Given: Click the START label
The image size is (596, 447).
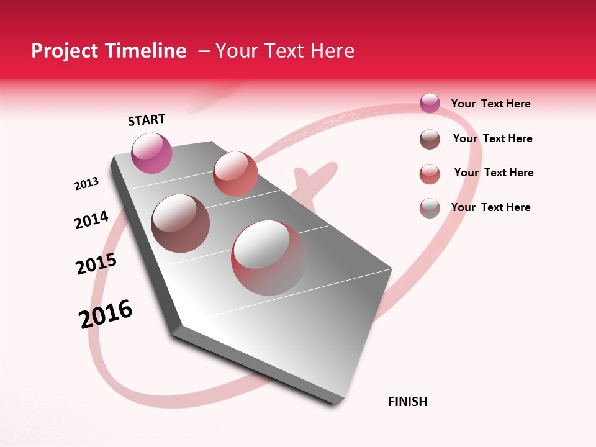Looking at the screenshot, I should [147, 120].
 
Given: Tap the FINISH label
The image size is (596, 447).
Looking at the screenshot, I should [408, 402].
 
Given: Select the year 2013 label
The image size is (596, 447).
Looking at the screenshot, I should [86, 184].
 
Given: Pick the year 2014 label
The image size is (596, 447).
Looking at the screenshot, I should [91, 220].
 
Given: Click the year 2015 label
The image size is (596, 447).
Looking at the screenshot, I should [96, 264].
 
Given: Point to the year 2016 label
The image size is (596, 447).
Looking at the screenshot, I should [106, 314].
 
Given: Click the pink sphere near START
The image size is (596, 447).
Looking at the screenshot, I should [151, 153].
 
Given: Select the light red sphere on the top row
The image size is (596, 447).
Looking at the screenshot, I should [235, 173].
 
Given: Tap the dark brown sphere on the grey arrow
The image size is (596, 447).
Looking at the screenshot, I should [181, 223].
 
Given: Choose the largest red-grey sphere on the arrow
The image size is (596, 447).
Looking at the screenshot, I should [269, 258].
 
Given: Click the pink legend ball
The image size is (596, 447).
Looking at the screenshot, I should [430, 103].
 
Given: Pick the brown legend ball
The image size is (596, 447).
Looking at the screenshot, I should [430, 139].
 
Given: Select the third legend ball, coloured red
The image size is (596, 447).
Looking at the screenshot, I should [430, 174].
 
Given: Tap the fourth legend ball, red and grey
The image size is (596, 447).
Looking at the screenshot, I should [430, 208].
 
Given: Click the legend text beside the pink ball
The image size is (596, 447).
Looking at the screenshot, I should [490, 104].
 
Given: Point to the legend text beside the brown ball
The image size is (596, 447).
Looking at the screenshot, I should [492, 138].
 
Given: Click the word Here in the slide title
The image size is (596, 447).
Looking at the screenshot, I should [332, 51].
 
